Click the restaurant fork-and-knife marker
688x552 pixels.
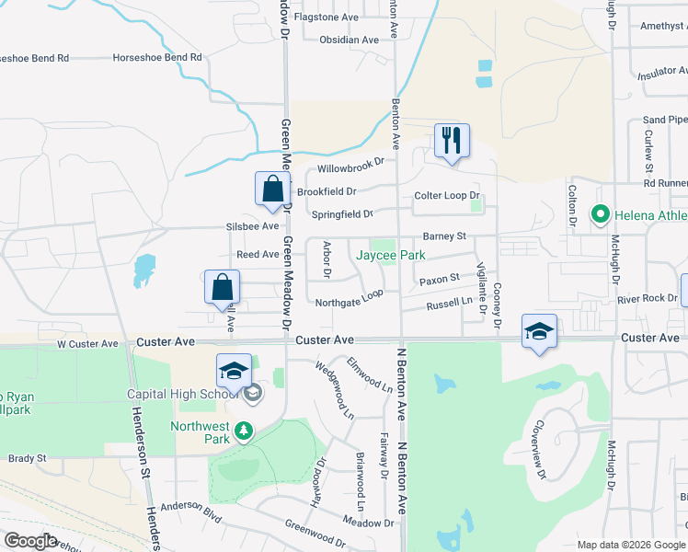(452, 142)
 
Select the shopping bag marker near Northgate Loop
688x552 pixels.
(223, 287)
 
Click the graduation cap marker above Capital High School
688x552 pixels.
(234, 371)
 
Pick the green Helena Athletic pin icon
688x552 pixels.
(601, 215)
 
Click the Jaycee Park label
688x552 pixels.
(391, 254)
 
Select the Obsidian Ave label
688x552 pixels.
(349, 40)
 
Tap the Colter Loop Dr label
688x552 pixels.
(447, 196)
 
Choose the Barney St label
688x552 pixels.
(444, 236)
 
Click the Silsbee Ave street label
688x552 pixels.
(252, 226)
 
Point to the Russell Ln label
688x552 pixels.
(449, 301)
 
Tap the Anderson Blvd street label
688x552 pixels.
(191, 507)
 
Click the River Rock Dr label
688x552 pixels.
(647, 298)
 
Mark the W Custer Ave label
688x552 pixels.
(88, 344)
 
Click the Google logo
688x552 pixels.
(31, 541)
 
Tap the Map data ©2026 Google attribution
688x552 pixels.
(630, 545)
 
